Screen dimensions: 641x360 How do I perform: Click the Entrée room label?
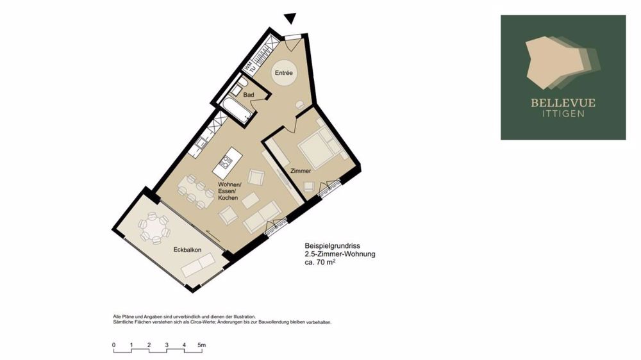tap(283, 73)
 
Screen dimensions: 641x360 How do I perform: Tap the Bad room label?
tap(249, 95)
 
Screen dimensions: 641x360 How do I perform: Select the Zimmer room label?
tap(301, 171)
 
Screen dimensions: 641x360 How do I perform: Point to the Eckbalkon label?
tap(187, 250)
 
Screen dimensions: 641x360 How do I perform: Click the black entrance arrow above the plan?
tap(290, 19)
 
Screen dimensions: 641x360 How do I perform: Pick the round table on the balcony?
tap(154, 228)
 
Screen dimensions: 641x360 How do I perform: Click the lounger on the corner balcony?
tap(198, 265)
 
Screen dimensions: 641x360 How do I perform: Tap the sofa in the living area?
tap(262, 217)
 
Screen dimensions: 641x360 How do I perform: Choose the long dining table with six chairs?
tap(196, 192)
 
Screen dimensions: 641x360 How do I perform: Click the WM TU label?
tap(249, 67)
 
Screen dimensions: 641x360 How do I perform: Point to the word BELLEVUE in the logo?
tap(563, 102)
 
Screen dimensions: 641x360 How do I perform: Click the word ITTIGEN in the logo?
tap(563, 114)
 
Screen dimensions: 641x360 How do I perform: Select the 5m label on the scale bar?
tap(201, 345)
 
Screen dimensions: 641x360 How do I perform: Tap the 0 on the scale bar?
tap(114, 345)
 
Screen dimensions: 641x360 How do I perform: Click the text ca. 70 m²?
tap(320, 263)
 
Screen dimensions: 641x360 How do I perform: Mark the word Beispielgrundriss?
tap(332, 246)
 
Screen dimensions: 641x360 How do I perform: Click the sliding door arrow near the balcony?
tap(213, 236)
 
